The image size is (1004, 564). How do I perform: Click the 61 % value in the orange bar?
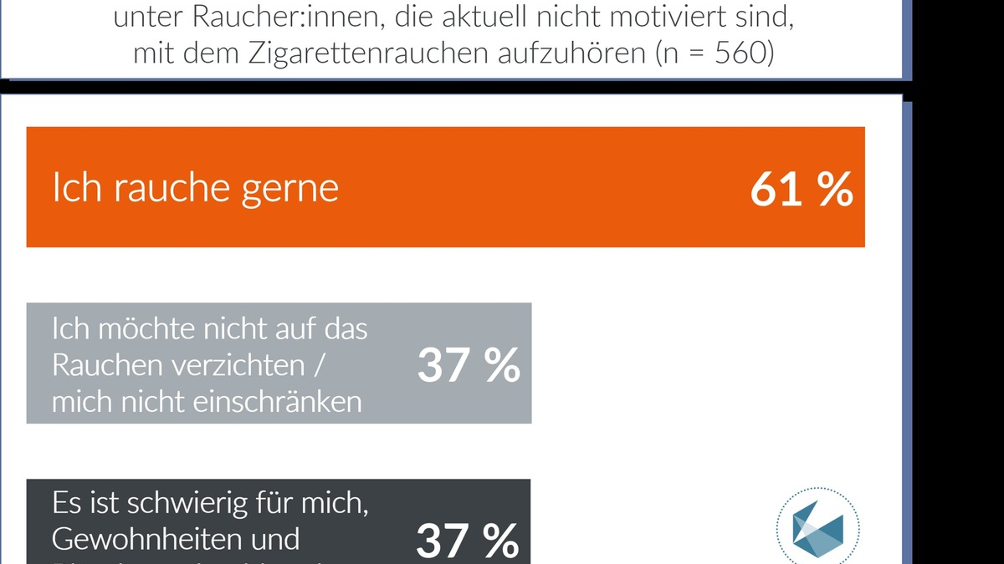(x=801, y=190)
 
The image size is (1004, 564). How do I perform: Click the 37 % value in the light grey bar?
(x=469, y=365)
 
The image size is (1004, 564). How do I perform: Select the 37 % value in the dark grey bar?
(x=468, y=541)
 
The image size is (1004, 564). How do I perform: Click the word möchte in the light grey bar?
(x=147, y=329)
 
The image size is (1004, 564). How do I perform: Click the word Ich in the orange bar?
(x=75, y=190)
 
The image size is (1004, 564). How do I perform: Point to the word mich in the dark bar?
(x=338, y=504)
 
